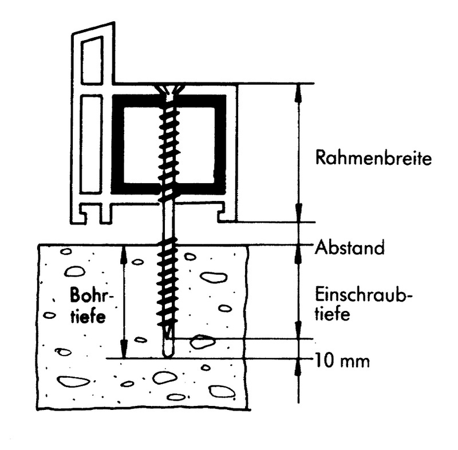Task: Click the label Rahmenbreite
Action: [373, 158]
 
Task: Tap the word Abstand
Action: [350, 247]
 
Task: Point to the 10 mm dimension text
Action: [342, 361]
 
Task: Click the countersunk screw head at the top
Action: [169, 89]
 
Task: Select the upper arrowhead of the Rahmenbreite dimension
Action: [298, 93]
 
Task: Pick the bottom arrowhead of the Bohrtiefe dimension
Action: [124, 349]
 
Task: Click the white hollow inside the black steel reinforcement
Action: [169, 144]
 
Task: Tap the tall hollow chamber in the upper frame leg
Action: [92, 61]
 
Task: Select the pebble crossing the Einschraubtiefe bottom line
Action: [202, 342]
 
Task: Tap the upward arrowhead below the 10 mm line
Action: [298, 368]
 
